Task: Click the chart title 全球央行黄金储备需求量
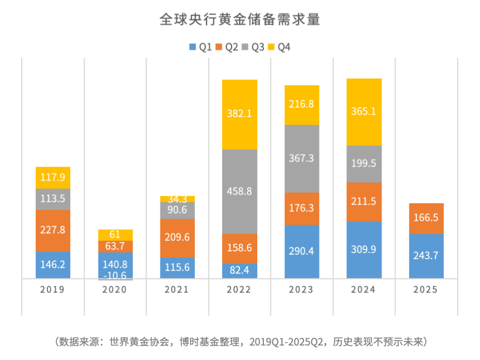[x=239, y=20]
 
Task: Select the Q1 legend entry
[x=200, y=47]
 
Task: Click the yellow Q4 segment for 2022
[x=239, y=114]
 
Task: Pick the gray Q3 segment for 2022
[x=239, y=191]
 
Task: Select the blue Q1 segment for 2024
[x=364, y=250]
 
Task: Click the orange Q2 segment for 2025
[x=426, y=218]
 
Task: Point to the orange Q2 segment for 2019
[x=53, y=230]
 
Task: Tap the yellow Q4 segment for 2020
[x=115, y=235]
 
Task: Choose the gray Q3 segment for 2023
[x=302, y=158]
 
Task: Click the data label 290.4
[x=302, y=251]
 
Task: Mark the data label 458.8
[x=239, y=191]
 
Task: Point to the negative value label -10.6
[x=115, y=275]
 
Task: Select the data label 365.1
[x=364, y=111]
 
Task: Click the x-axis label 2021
[x=178, y=290]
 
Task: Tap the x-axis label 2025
[x=426, y=290]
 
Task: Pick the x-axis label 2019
[x=53, y=290]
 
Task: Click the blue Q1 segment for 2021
[x=178, y=267]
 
